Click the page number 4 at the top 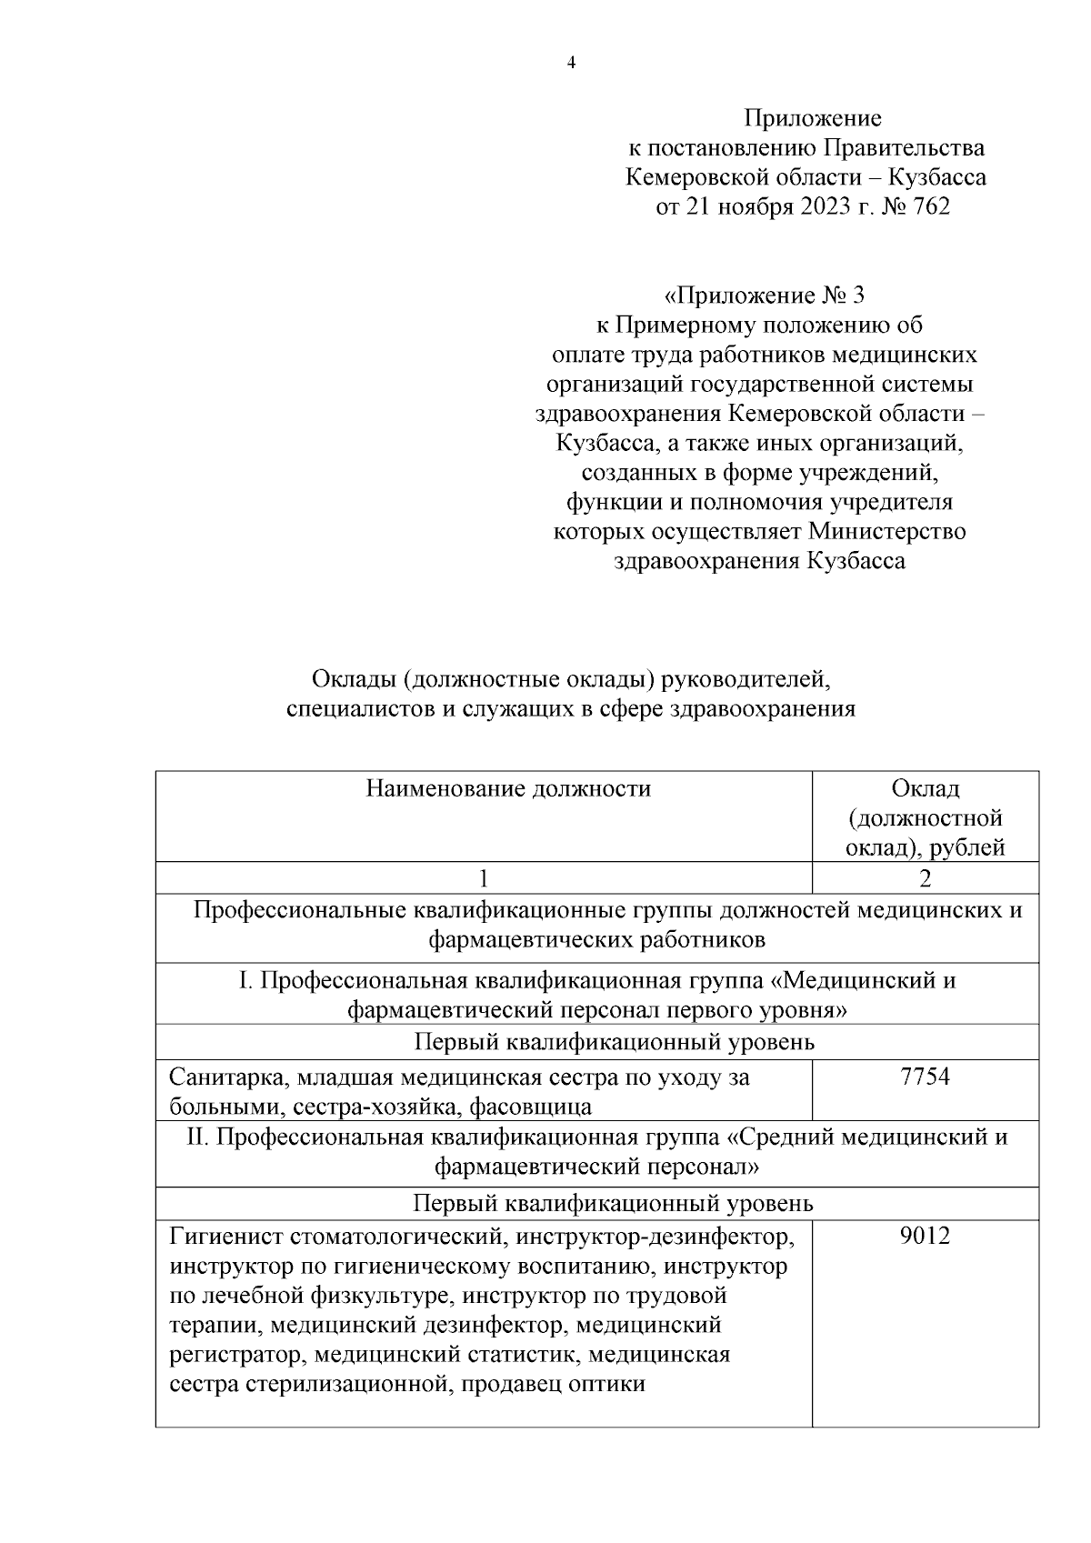pyautogui.click(x=571, y=63)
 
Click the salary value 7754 pyautogui.click(x=925, y=1077)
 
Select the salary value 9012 pyautogui.click(x=925, y=1237)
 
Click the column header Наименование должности pyautogui.click(x=508, y=788)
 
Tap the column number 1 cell pyautogui.click(x=483, y=878)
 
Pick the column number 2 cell pyautogui.click(x=926, y=878)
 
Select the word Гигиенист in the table pyautogui.click(x=225, y=1237)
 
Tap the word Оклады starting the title pyautogui.click(x=354, y=679)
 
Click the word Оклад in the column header pyautogui.click(x=926, y=788)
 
